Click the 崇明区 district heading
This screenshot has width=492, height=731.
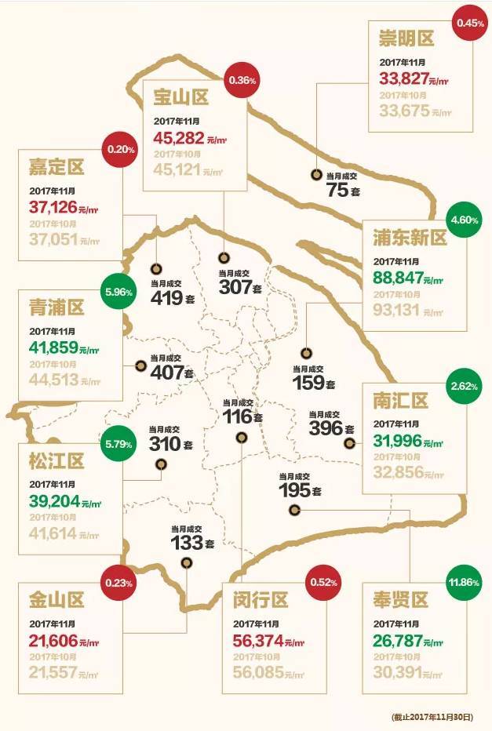[x=406, y=38]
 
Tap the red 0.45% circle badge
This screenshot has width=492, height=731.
[x=469, y=22]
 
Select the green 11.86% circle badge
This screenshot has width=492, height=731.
[x=461, y=584]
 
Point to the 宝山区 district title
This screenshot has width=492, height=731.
[x=180, y=98]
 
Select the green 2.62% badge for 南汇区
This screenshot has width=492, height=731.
[x=461, y=387]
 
